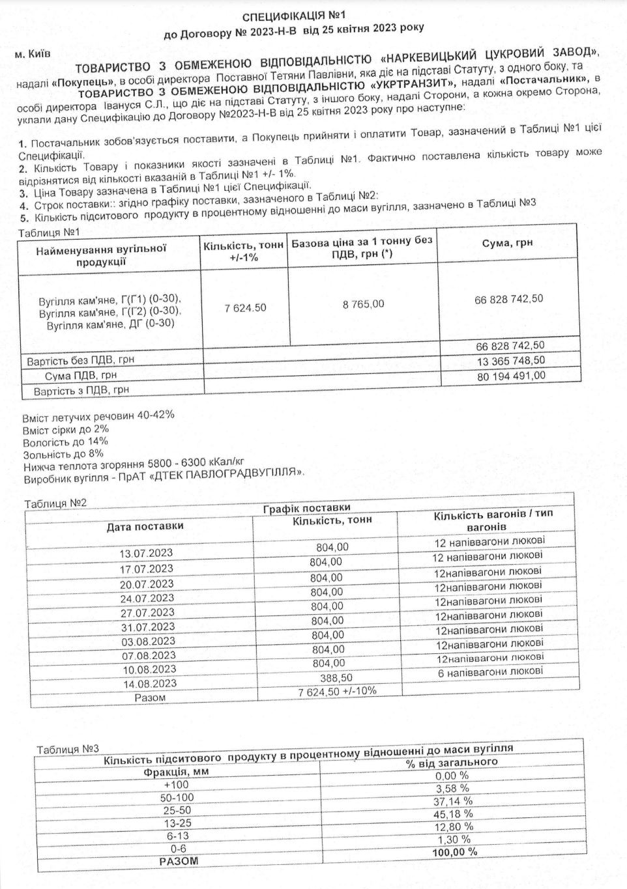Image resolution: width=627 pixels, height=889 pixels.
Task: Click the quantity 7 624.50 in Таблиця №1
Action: [245, 307]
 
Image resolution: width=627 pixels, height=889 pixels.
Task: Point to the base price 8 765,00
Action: [363, 303]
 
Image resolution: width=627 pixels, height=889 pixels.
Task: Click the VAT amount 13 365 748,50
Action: [510, 361]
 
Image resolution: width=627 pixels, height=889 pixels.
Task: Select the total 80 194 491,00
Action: [510, 376]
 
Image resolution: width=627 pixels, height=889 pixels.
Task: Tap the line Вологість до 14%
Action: [65, 442]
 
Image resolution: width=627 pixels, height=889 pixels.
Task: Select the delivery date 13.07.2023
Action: [146, 553]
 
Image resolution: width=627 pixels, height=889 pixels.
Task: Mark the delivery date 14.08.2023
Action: [149, 684]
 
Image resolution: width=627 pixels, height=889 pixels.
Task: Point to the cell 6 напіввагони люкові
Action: [490, 671]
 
